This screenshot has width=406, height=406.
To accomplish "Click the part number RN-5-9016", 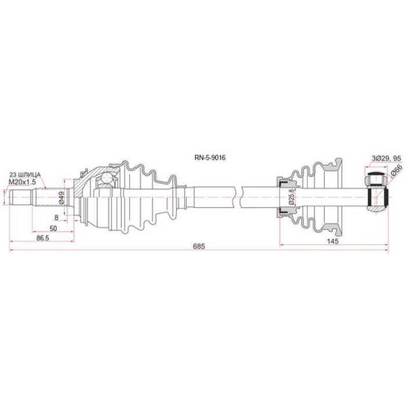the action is click(209, 158).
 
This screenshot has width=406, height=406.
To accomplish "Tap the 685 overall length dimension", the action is click(199, 246).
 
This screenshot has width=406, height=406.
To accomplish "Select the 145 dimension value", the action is click(333, 241).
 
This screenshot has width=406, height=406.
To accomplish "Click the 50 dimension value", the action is click(54, 228).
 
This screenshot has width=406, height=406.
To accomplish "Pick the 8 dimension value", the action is click(56, 218).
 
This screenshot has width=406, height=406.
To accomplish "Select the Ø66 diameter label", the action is click(397, 171).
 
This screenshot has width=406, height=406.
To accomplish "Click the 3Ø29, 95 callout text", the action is click(386, 158).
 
